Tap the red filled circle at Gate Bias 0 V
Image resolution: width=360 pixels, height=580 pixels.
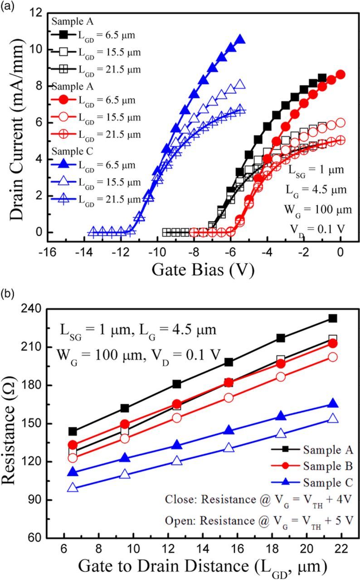(341, 74)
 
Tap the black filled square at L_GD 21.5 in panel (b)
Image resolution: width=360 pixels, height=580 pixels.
(333, 319)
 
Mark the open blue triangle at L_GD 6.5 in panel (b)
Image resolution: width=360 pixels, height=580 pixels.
(73, 488)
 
